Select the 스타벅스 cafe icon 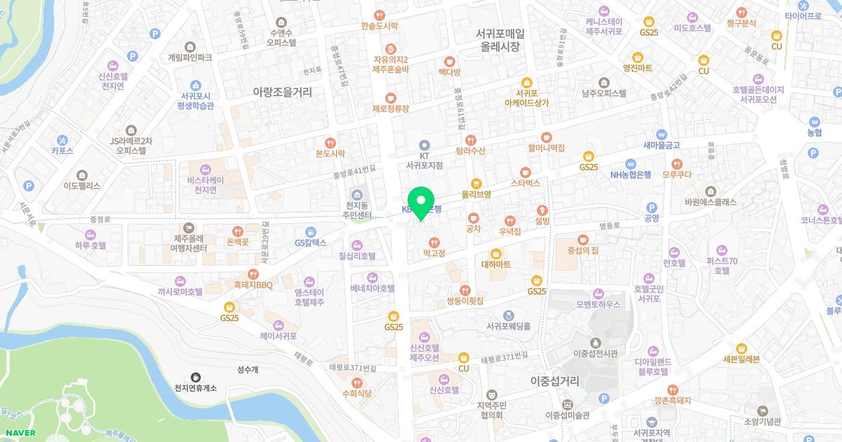click(x=525, y=172)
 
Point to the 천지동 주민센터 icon click(x=358, y=194)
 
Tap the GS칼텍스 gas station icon click(x=310, y=232)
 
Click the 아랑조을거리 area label click(x=282, y=91)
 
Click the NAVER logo click(x=20, y=433)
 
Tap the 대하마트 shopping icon click(x=496, y=253)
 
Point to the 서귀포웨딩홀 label click(x=508, y=326)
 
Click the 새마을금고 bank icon click(x=661, y=134)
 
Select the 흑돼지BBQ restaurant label click(x=253, y=285)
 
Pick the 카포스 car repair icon click(x=62, y=139)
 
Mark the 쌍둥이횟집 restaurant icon click(x=465, y=290)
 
